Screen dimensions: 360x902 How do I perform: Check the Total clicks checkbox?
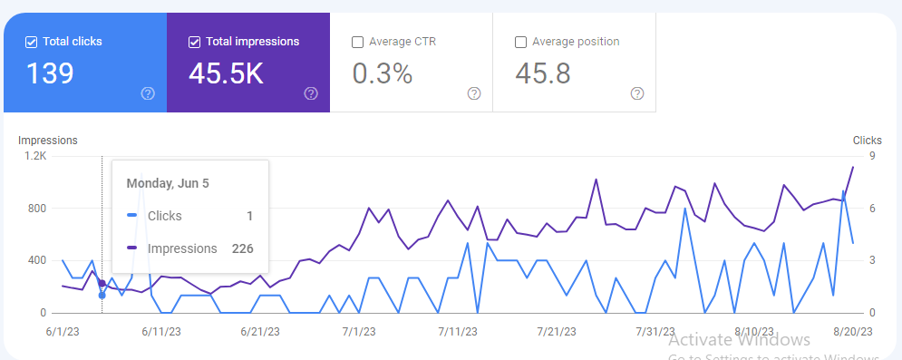tap(32, 42)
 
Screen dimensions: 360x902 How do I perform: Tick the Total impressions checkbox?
tap(195, 42)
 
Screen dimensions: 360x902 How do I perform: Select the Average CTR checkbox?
tap(357, 42)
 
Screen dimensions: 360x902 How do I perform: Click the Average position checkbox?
tap(520, 42)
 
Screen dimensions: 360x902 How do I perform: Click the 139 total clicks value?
tap(49, 73)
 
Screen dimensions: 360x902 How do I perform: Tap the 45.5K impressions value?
tap(226, 73)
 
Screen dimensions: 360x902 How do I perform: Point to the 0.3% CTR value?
tap(382, 73)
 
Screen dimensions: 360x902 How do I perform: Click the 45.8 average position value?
tap(542, 73)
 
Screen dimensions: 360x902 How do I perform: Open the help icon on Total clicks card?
tap(148, 93)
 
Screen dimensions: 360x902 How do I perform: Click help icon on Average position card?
tap(637, 93)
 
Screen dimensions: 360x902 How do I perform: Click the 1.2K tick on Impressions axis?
tap(35, 156)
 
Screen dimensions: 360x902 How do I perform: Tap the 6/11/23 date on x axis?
tap(160, 332)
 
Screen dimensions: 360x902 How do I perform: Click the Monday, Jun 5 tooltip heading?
tap(168, 183)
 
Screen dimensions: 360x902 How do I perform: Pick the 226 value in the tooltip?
tap(241, 248)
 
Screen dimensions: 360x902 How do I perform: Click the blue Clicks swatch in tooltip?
tap(132, 216)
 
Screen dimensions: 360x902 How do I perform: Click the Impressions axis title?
tap(48, 141)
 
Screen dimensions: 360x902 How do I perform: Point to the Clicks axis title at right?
tap(867, 141)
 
